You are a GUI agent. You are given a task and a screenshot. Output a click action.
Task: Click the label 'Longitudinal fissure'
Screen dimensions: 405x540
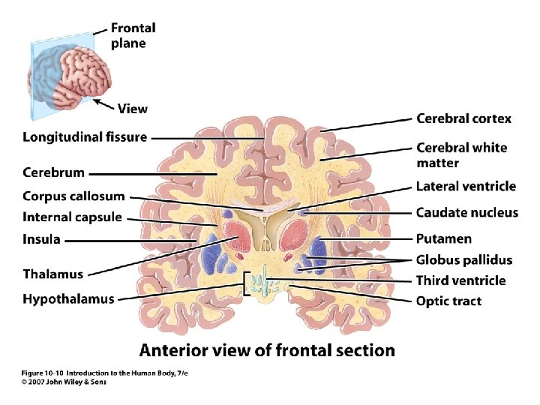tap(85, 137)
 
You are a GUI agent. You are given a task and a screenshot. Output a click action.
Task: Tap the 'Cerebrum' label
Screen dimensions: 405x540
tap(53, 172)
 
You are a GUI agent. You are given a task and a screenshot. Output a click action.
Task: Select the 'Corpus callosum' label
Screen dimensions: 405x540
tap(73, 196)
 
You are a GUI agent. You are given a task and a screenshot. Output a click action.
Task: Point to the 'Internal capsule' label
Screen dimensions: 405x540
tap(72, 217)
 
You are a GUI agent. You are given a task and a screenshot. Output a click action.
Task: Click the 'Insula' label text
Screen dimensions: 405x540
tap(41, 240)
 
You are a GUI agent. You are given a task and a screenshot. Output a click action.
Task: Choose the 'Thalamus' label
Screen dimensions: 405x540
tap(52, 274)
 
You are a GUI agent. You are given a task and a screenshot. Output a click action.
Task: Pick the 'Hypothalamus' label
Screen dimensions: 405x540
tap(68, 298)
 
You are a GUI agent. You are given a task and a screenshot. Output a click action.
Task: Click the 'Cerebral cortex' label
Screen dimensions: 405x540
tap(463, 118)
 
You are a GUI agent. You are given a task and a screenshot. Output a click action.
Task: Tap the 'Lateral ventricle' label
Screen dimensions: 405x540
tap(466, 187)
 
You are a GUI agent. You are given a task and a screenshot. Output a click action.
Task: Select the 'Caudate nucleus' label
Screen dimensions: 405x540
tap(466, 212)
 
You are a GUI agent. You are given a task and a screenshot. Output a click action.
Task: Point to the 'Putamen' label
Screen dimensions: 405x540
tap(444, 239)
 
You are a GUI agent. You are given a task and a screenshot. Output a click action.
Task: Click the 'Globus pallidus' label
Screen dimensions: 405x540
tap(464, 260)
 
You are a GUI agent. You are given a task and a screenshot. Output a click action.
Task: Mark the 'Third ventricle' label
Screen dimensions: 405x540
tap(460, 280)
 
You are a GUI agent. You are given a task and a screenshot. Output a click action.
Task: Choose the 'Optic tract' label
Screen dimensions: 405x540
tap(448, 301)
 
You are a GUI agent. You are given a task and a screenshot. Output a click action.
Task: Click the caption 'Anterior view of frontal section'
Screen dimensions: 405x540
tap(267, 349)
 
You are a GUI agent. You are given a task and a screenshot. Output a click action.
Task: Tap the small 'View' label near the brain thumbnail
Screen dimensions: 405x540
tap(132, 109)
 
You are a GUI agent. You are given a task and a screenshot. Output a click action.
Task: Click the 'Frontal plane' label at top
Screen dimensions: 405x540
tap(133, 35)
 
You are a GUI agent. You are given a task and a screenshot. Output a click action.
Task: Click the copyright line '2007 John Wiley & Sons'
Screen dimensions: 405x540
tap(64, 382)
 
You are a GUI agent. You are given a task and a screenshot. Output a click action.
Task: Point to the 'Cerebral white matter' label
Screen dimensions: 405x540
tap(461, 155)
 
